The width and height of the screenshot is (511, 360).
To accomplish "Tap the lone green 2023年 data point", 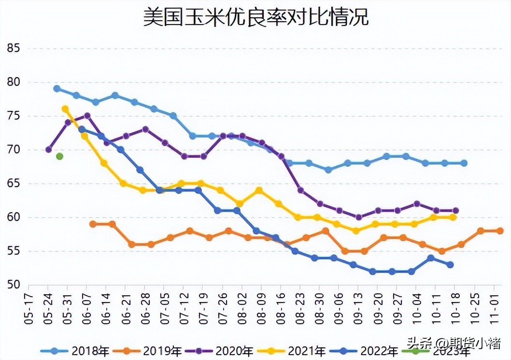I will [59, 156].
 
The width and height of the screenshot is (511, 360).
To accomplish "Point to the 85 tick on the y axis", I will [13, 48].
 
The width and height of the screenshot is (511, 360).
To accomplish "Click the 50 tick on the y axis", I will [13, 285].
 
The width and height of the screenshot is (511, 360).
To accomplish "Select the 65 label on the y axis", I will [13, 183].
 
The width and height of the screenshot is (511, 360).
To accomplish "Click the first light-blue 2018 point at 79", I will [57, 88].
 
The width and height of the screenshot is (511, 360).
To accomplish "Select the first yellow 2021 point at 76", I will [65, 109].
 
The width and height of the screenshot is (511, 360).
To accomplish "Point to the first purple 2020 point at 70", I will [48, 150].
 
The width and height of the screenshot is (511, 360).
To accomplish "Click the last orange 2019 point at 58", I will [500, 231].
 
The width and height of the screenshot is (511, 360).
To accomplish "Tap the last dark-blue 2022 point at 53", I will [450, 264].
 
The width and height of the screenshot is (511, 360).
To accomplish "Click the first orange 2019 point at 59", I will [92, 224].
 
